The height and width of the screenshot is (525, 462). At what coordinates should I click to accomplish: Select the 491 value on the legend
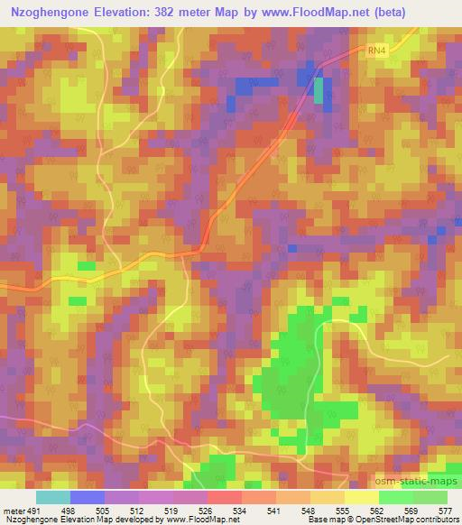point(34,510)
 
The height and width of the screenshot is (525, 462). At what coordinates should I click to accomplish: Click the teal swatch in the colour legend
point(53,497)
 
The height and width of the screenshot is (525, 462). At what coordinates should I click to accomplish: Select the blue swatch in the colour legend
point(87,497)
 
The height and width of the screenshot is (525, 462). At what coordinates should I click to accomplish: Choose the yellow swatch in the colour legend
point(361,497)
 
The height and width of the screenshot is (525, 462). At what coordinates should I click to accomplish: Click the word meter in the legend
point(13,510)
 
